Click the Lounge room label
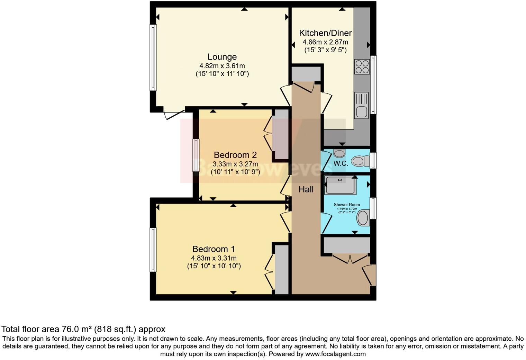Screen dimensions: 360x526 click(x=222, y=57)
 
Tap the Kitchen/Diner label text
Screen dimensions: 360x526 click(x=325, y=33)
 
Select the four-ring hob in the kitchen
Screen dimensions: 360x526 click(x=362, y=67)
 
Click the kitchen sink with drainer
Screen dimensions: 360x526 click(x=361, y=105)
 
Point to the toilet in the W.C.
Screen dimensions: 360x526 click(x=360, y=161)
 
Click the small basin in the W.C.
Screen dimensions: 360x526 click(x=339, y=153)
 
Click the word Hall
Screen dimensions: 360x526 click(x=306, y=189)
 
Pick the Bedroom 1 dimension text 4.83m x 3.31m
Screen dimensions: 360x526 click(x=214, y=258)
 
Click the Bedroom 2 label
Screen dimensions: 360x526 click(x=235, y=155)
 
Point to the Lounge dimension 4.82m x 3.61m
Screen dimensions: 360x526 click(x=222, y=66)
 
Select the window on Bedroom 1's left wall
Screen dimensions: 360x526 click(x=153, y=249)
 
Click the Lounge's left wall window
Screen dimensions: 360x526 click(x=153, y=57)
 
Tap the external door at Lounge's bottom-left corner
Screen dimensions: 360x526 click(x=174, y=114)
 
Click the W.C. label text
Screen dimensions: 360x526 click(x=341, y=164)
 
